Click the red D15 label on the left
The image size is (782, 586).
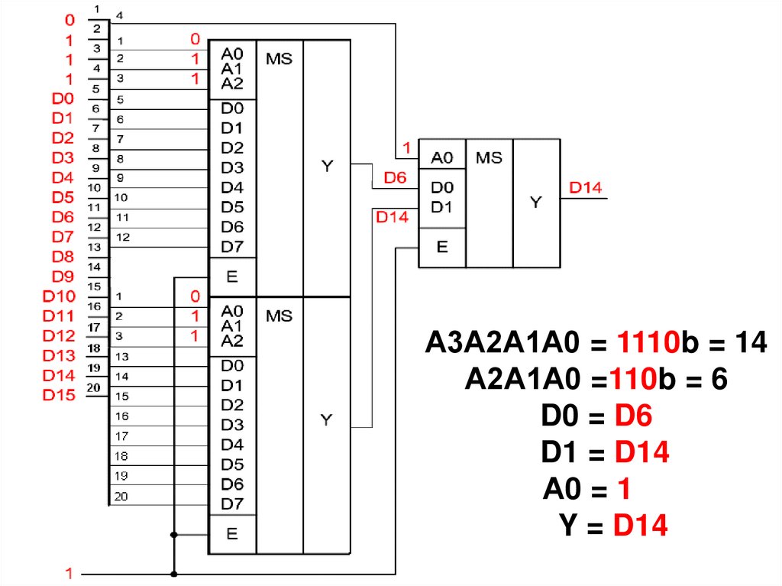pos(59,395)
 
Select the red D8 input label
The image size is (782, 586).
pos(63,256)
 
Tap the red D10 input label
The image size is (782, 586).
pos(59,296)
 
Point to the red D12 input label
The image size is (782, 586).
pos(59,335)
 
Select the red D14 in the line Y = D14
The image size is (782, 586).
pos(640,526)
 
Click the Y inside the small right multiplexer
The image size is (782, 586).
pos(536,202)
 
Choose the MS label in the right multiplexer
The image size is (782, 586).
pos(489,158)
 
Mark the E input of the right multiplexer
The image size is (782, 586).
pos(441,247)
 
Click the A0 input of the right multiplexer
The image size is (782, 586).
pos(442,158)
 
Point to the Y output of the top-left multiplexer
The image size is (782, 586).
pos(326,166)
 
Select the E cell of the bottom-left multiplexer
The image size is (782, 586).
pos(233,534)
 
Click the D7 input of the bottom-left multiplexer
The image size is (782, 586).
pos(232,504)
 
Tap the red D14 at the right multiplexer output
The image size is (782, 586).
pos(586,188)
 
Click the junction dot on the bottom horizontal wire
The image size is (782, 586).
pos(175,573)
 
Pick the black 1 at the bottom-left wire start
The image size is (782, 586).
pos(69,573)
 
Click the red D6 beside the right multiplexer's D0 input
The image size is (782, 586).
pos(395,178)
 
